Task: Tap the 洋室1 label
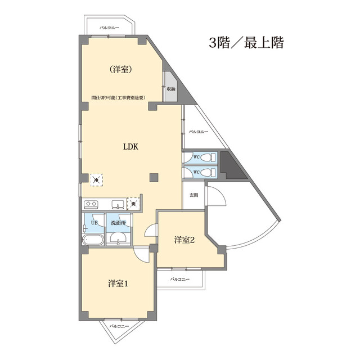click(x=119, y=283)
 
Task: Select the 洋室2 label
click(x=184, y=240)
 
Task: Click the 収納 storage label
click(x=171, y=89)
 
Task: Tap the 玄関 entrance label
click(x=193, y=195)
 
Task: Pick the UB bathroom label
click(x=94, y=222)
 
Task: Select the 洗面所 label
click(x=118, y=222)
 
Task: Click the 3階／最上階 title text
click(x=246, y=43)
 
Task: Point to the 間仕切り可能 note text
click(x=123, y=97)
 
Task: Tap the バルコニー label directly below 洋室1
click(x=120, y=326)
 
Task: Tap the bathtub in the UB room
click(x=93, y=241)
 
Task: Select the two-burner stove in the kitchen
click(x=92, y=203)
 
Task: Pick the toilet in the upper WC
click(x=206, y=158)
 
